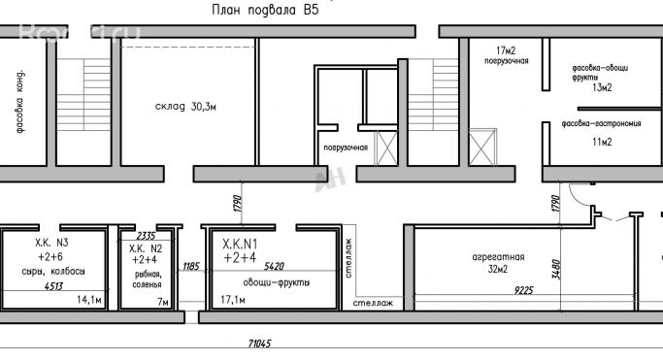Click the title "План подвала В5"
pos(264,10)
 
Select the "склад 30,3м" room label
pos(184,106)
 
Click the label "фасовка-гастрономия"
pos(594,125)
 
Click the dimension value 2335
pos(147,236)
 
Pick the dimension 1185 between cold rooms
pos(190,265)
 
